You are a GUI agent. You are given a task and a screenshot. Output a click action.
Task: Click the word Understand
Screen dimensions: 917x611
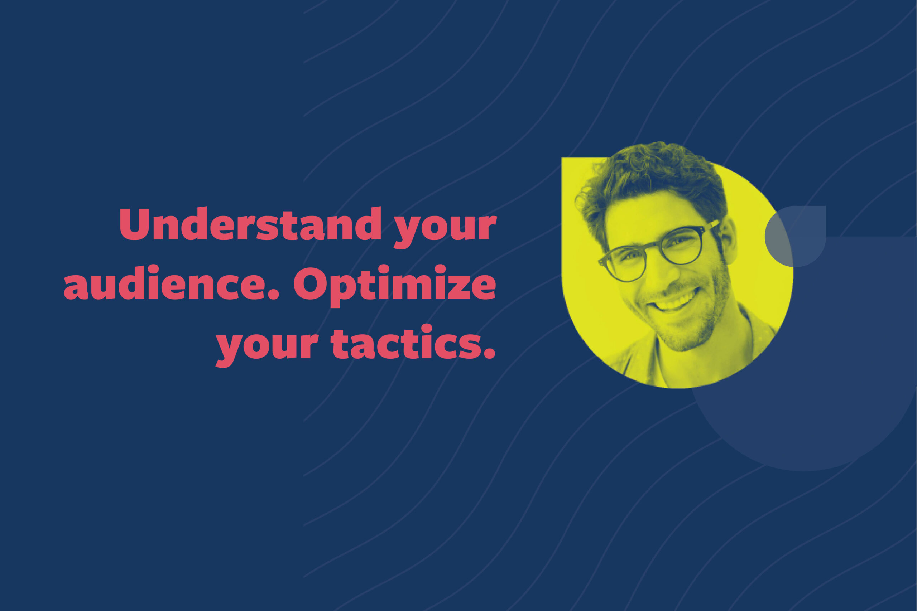(250, 224)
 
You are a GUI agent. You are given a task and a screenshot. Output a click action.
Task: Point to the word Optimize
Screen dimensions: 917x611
(394, 287)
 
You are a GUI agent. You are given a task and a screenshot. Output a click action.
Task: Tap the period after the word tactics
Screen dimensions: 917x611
(489, 353)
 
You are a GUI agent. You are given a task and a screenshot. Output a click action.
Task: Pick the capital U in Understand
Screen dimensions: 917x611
(135, 224)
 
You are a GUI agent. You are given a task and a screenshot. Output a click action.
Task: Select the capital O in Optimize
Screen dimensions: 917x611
(310, 283)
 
